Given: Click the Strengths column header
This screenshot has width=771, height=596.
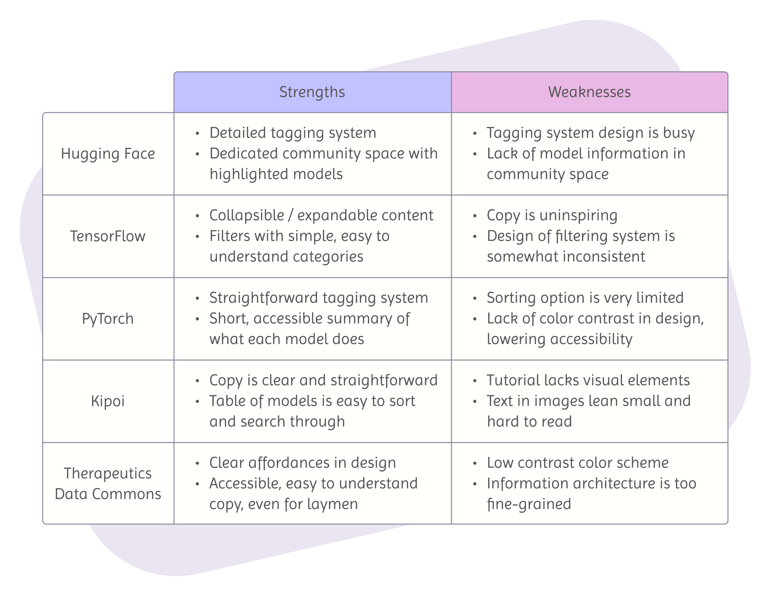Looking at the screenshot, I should tap(312, 92).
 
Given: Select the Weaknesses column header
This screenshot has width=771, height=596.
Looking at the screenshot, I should tap(589, 92).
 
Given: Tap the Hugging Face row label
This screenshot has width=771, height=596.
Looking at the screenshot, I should tap(108, 154).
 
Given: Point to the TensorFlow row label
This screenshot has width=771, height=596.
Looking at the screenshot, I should tap(108, 236).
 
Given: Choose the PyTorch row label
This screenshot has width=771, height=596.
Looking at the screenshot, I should tap(108, 319).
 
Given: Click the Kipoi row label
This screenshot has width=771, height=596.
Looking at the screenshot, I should tap(108, 402).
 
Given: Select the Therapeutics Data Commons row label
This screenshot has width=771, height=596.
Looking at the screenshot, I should tap(108, 483).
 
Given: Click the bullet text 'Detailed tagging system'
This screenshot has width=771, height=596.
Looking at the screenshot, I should tap(293, 133).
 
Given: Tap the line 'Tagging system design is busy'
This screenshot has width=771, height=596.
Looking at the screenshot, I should tap(591, 133).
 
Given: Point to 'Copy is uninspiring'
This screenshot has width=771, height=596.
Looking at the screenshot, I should tap(552, 215).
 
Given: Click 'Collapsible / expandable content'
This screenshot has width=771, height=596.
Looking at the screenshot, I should tap(321, 215).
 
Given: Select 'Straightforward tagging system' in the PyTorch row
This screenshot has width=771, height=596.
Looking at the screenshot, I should tap(318, 298).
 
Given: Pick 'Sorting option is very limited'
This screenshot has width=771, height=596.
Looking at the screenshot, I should tap(585, 298).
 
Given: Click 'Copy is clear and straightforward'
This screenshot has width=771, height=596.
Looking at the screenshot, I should tap(323, 381).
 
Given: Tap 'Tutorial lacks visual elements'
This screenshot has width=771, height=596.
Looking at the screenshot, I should tap(588, 381).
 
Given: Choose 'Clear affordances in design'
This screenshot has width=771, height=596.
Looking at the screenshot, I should tap(302, 463).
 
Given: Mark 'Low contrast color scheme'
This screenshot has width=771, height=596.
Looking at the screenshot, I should tap(578, 463).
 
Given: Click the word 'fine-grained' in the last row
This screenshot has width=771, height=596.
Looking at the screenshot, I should tap(529, 504).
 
